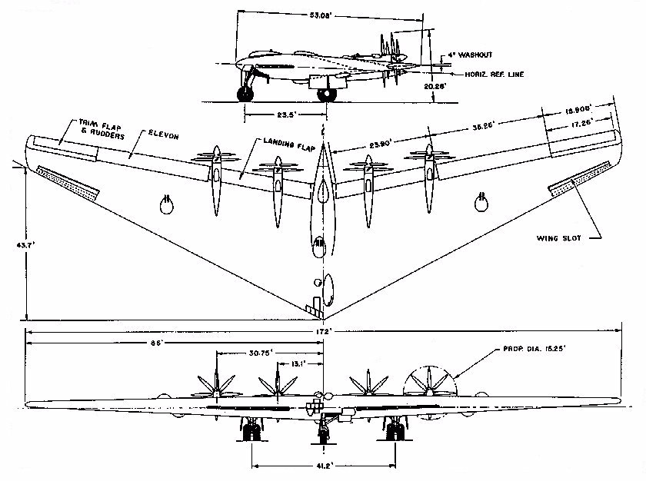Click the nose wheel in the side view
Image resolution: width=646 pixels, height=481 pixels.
[x=247, y=95]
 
